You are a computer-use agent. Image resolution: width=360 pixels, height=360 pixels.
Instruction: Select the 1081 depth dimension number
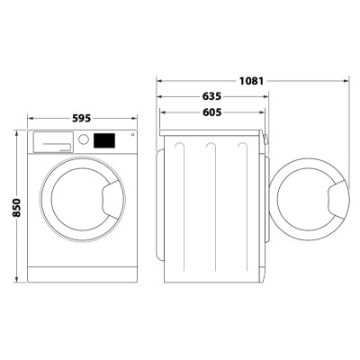pos(252,80)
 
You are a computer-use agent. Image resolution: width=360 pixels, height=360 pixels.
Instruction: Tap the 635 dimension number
pos(212,95)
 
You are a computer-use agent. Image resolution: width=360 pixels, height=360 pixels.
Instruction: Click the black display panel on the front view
pos(106,140)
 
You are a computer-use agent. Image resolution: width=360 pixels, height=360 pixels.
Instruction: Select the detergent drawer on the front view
pos(52,140)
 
